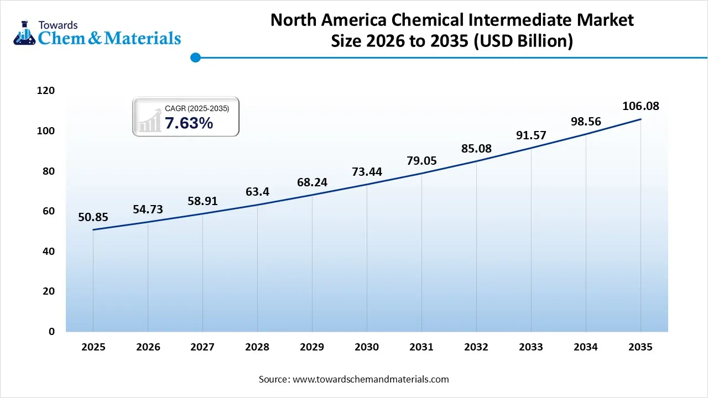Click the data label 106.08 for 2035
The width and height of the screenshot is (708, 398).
pos(641,106)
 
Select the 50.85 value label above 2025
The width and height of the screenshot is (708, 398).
pos(93,217)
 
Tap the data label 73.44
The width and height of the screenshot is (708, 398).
pos(367,171)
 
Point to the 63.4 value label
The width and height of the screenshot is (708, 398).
pos(257,192)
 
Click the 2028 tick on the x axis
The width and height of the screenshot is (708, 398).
pos(257,347)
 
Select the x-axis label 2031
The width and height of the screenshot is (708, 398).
pos(421,347)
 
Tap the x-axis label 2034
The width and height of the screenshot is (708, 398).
pos(586,347)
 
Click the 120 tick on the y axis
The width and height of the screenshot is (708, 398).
pos(46,91)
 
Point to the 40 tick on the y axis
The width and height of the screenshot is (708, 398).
pos(49,251)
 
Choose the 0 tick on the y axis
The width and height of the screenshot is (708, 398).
pos(51,331)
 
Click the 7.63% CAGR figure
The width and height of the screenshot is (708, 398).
pos(189,124)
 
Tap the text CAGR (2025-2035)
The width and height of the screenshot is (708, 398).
pos(197,109)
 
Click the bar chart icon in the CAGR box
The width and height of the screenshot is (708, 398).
pos(149,121)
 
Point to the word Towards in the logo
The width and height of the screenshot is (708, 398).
pos(58,25)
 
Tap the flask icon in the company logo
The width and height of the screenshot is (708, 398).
pos(24,33)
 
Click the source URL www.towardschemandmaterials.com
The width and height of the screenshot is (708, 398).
pos(370,379)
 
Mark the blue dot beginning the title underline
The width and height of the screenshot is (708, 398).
pos(195,57)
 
